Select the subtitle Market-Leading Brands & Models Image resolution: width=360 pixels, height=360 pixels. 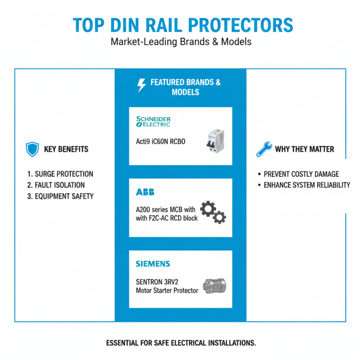tap(180, 43)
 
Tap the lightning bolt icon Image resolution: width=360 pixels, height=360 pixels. tap(142, 85)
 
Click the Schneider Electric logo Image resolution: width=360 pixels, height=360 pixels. tap(153, 121)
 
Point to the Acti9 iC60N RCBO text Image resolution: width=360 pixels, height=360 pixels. tap(161, 142)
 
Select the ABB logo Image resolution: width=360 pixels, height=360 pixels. tap(145, 192)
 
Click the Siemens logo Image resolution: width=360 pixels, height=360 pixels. tap(153, 264)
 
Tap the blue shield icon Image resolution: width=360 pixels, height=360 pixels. tap(32, 149)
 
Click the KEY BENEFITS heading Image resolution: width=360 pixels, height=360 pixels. tap(66, 149)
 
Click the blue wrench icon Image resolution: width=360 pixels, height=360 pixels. tap(264, 149)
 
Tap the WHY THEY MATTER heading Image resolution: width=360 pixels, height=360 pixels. tap(304, 149)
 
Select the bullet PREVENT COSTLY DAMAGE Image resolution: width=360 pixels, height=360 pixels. tap(301, 174)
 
